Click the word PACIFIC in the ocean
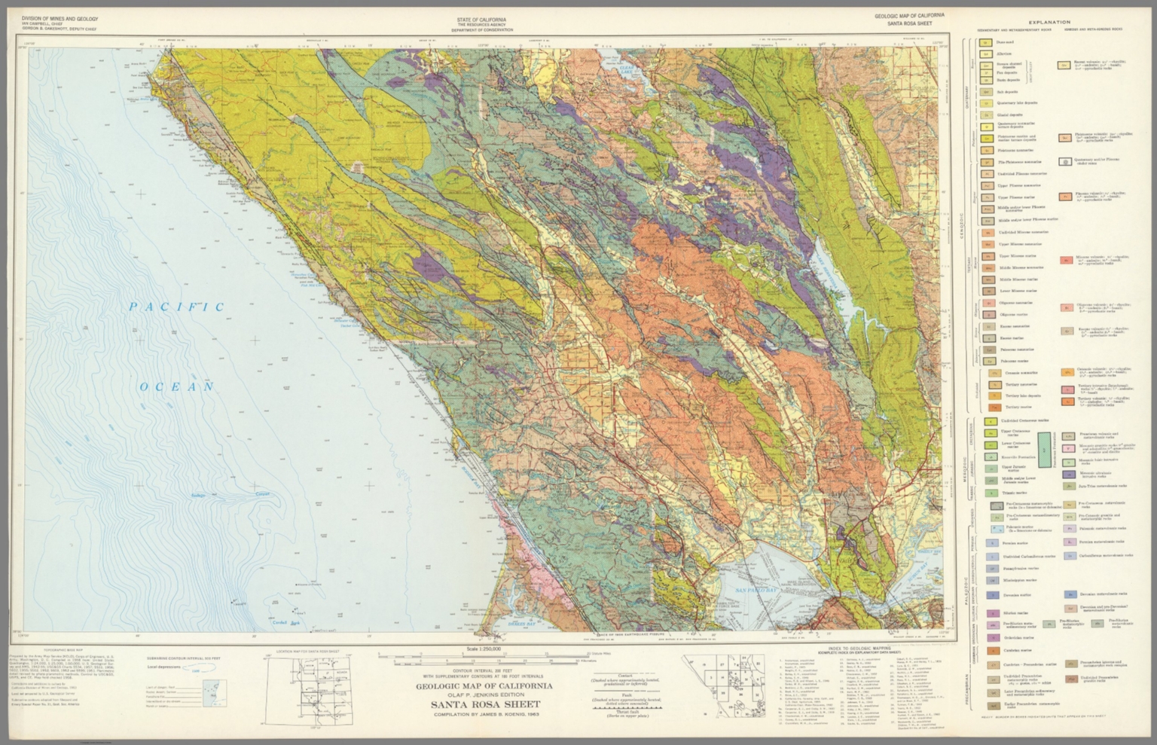(x=176, y=307)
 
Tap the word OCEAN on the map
(x=178, y=386)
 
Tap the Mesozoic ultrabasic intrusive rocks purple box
(x=1067, y=475)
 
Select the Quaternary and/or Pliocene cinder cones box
(x=1064, y=161)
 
